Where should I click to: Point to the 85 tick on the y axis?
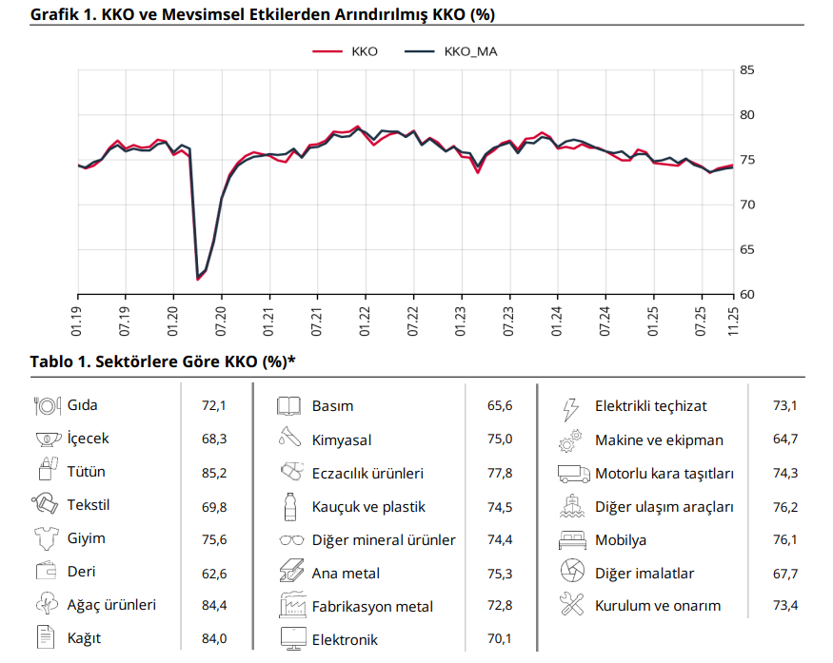click(x=747, y=70)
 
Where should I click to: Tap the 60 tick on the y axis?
click(x=747, y=294)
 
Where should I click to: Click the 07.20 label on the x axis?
click(x=222, y=320)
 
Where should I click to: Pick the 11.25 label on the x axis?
click(x=734, y=320)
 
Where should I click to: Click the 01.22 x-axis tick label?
click(x=366, y=320)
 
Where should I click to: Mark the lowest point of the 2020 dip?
click(x=198, y=279)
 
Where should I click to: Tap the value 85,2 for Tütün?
click(x=214, y=472)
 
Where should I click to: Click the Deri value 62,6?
click(x=214, y=573)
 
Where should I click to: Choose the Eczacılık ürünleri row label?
click(x=367, y=473)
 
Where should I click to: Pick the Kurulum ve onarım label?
click(x=658, y=606)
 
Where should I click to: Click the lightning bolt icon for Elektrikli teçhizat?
click(x=570, y=407)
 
